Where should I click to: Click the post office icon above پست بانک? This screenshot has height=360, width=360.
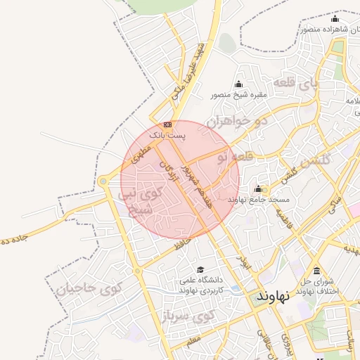click(x=167, y=124)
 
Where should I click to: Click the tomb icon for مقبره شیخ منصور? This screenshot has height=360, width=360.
click(x=238, y=85)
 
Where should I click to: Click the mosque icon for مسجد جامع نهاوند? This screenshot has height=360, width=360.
click(x=258, y=189)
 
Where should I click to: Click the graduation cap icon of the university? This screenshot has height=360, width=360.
click(x=200, y=269)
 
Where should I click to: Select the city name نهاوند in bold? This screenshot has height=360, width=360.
click(x=272, y=295)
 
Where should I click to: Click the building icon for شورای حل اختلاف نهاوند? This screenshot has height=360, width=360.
click(x=316, y=271)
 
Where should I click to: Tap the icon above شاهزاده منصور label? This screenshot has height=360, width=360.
click(x=335, y=19)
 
